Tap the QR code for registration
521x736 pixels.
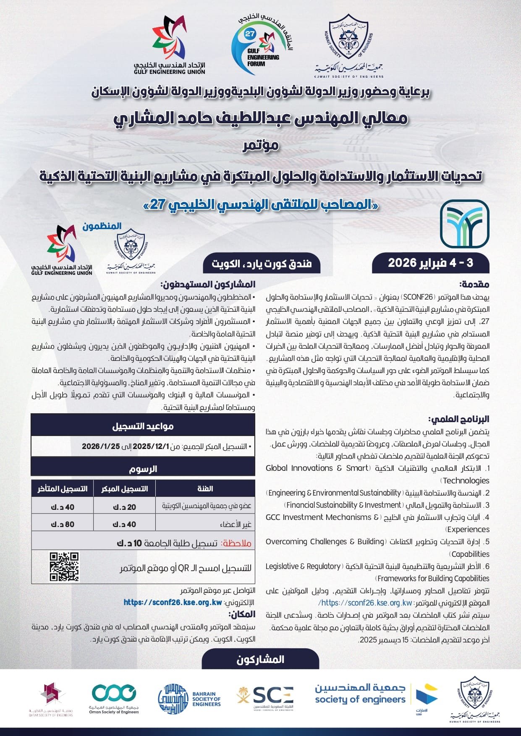pyautogui.click(x=64, y=567)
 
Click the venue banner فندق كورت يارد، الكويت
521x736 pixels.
pyautogui.click(x=262, y=264)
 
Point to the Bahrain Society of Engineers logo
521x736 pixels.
pyautogui.click(x=189, y=698)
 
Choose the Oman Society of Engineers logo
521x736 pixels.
pyautogui.click(x=114, y=698)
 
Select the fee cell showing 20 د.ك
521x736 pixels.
pyautogui.click(x=124, y=507)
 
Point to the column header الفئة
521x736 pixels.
pyautogui.click(x=205, y=489)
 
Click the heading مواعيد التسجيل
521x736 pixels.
pyautogui.click(x=143, y=426)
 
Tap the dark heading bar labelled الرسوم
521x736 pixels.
pyautogui.click(x=143, y=469)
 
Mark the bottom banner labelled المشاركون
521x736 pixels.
pyautogui.click(x=260, y=659)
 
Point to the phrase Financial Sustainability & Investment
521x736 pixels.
pyautogui.click(x=342, y=505)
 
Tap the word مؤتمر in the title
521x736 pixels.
pyautogui.click(x=260, y=146)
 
